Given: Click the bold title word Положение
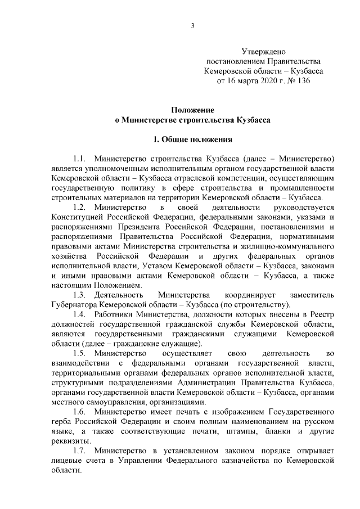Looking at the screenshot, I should [x=192, y=110].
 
